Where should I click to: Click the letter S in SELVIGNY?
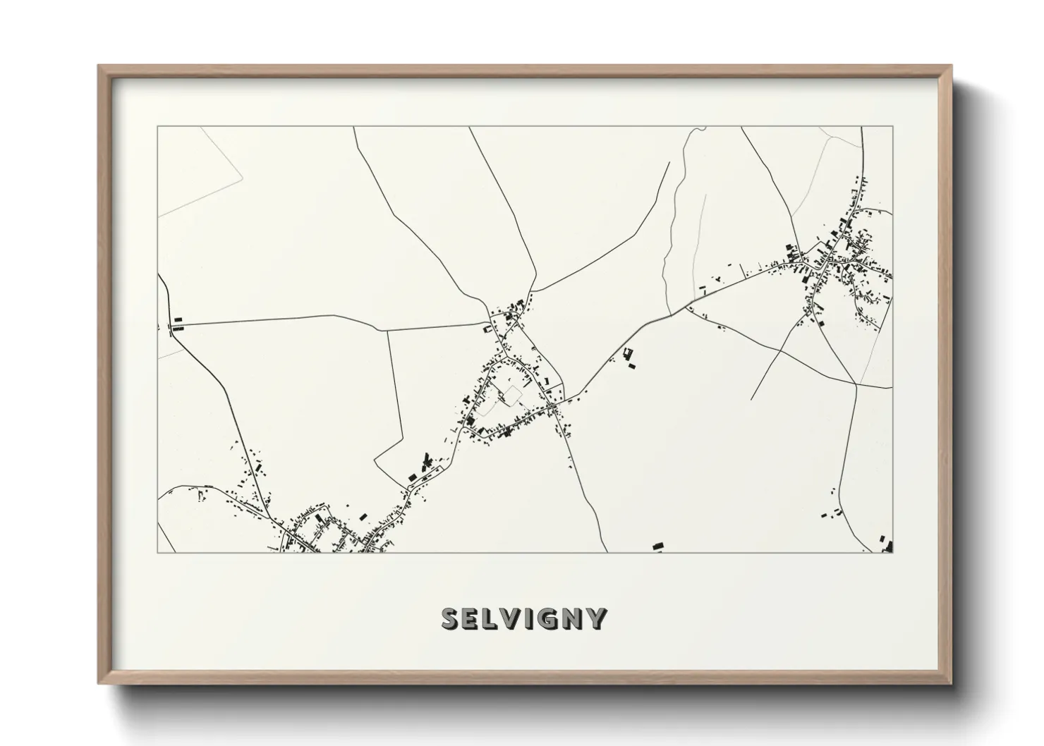[x=452, y=618]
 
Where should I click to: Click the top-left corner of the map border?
[x=158, y=127]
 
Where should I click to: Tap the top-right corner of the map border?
[x=892, y=127]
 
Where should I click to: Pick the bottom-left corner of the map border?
[x=158, y=552]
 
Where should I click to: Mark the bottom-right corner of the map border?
[x=892, y=552]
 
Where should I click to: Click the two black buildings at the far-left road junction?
[x=178, y=324]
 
